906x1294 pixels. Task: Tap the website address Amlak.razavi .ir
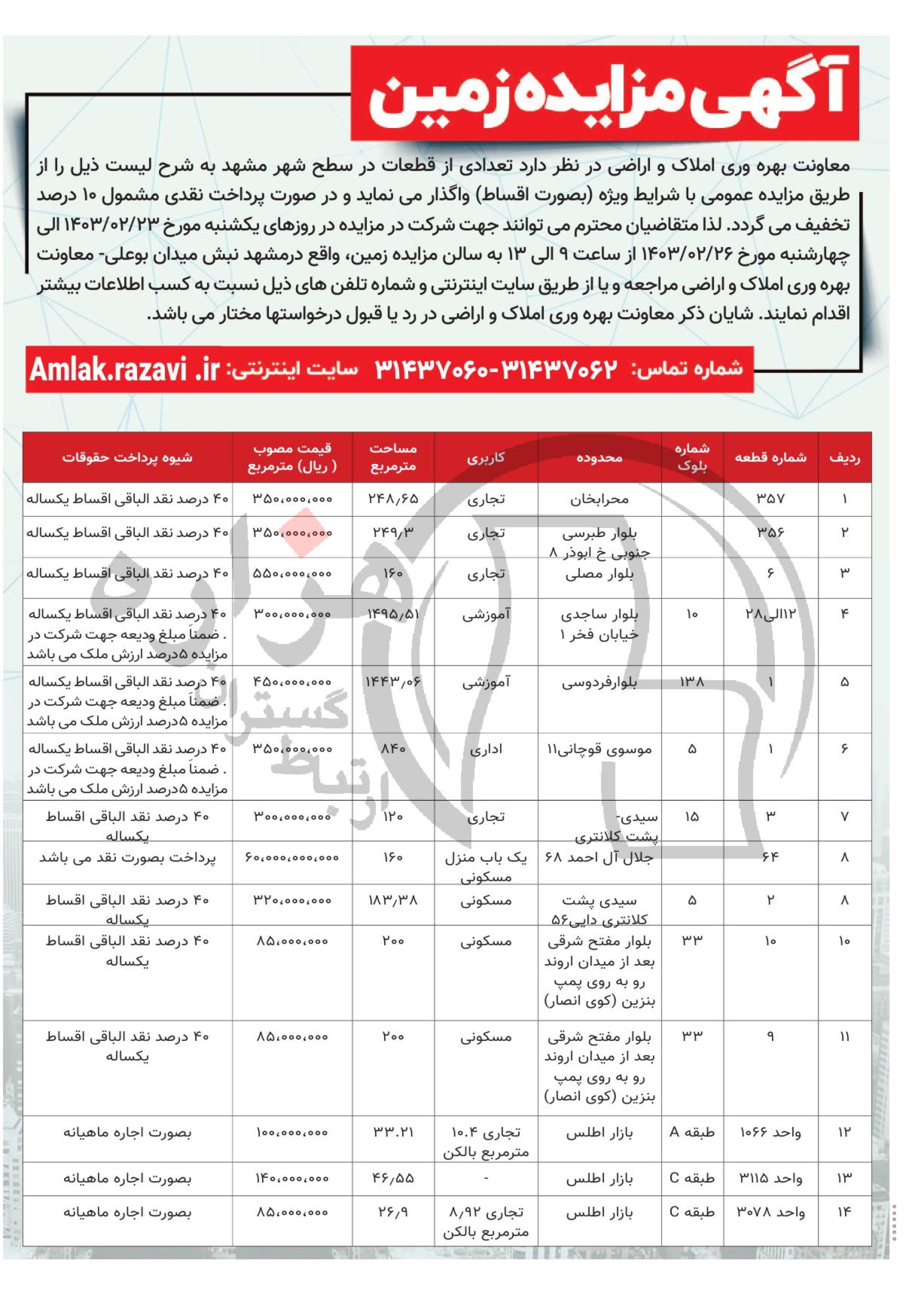click(125, 370)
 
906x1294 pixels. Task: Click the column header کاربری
click(486, 457)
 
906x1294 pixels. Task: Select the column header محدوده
click(599, 457)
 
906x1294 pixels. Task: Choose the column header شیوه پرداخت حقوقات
click(127, 457)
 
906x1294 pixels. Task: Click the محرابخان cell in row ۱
click(599, 499)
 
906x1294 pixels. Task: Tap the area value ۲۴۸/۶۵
click(392, 499)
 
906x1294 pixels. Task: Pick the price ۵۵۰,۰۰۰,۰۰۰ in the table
click(292, 573)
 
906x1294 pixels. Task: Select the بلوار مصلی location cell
click(599, 574)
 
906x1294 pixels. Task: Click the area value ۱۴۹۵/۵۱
click(392, 614)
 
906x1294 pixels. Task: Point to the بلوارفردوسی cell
click(599, 682)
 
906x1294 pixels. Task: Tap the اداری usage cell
click(486, 749)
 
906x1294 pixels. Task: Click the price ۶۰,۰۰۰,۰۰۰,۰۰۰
click(292, 858)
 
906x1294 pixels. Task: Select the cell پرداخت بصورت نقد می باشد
click(127, 858)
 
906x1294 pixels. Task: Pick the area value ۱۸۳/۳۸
click(392, 900)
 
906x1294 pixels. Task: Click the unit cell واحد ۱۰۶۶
click(770, 1133)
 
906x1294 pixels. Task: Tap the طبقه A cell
click(692, 1133)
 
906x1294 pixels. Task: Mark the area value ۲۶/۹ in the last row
click(392, 1213)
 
